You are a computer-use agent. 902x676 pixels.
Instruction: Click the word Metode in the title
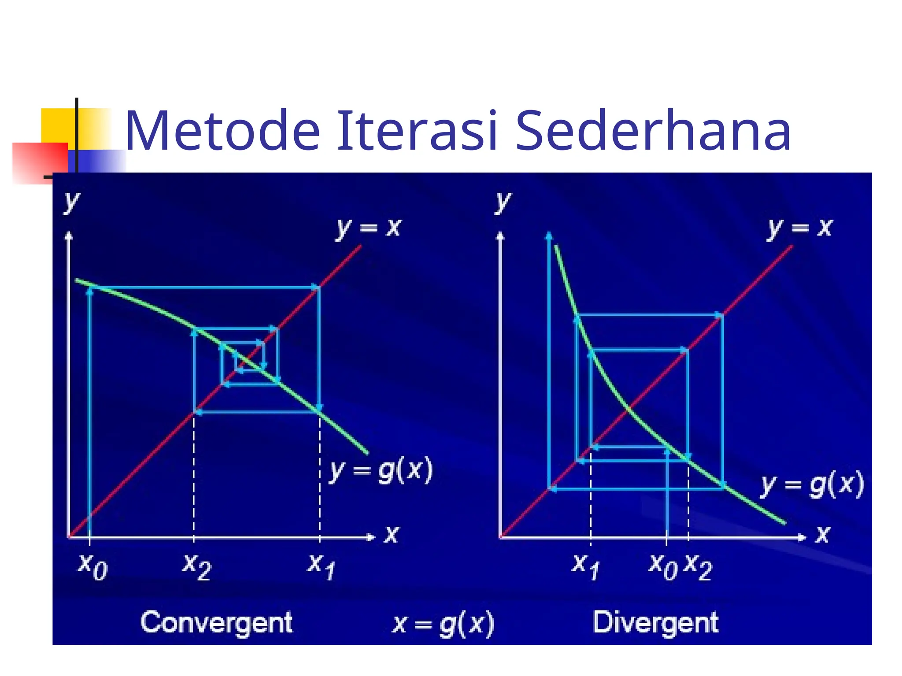pos(222,131)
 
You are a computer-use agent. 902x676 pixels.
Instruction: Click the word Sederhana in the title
pos(653,131)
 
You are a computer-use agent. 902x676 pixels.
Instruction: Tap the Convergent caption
pos(216,622)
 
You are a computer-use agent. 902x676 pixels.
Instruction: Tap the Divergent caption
pos(655,622)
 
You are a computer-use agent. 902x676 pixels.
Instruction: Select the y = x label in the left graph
pos(369,228)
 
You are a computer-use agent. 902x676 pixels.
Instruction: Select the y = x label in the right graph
pos(800,228)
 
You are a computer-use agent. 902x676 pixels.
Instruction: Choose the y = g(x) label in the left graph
pos(381,470)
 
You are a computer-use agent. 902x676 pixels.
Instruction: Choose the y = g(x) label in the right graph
pos(812,484)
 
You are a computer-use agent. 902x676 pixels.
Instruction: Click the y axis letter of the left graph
pos(71,202)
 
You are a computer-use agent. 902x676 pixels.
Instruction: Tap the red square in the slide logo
pos(40,163)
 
